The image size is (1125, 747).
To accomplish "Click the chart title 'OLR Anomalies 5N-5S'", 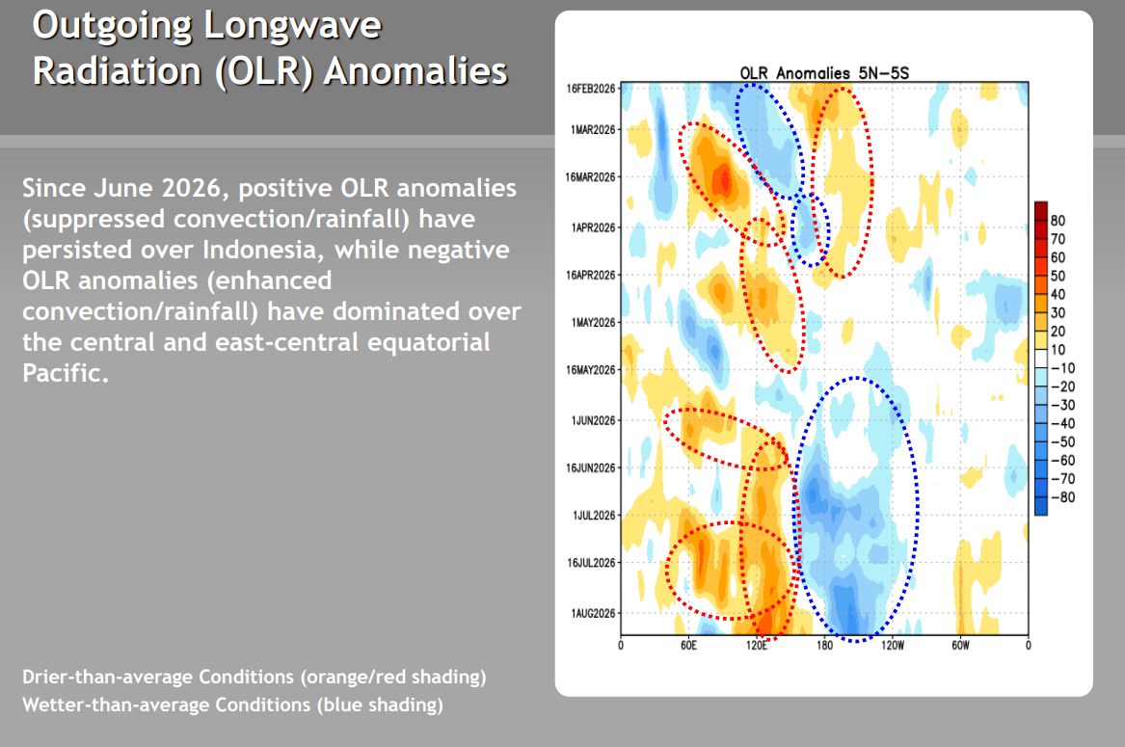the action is click(x=824, y=73).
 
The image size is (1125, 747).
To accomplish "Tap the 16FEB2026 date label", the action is click(x=591, y=89).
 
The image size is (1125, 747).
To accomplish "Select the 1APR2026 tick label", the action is click(x=594, y=228).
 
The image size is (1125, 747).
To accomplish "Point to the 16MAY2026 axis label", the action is click(x=591, y=370).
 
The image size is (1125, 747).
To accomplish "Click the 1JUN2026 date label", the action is click(x=594, y=420).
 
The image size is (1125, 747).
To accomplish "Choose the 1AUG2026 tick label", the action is click(x=594, y=614).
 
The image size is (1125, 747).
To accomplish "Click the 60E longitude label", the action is click(x=688, y=646).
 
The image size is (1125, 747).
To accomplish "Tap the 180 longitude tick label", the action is click(x=824, y=646).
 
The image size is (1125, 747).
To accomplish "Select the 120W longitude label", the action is click(x=893, y=646).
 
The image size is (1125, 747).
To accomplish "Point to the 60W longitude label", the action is click(x=961, y=646).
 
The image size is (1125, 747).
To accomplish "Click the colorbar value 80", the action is click(x=1058, y=221).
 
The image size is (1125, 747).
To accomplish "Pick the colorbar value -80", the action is click(x=1063, y=497).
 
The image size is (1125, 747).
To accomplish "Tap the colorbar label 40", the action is click(x=1058, y=294).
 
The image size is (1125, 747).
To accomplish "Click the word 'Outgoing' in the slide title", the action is click(x=112, y=26).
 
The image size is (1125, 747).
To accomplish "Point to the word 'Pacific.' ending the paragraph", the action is click(x=66, y=373).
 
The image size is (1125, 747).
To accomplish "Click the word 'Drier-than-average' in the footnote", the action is click(x=108, y=677).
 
